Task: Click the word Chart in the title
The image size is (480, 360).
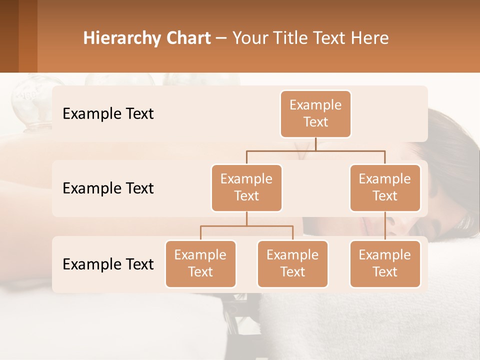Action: click(188, 38)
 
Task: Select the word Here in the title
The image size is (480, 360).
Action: click(369, 38)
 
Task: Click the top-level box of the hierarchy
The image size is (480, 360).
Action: click(315, 114)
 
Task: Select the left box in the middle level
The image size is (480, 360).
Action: click(246, 188)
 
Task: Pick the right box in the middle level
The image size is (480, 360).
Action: click(385, 188)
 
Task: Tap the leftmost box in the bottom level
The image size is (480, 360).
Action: click(200, 264)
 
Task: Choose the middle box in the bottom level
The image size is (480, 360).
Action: click(292, 264)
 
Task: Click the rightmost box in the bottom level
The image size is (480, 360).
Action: click(385, 264)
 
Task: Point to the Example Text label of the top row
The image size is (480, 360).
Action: click(108, 114)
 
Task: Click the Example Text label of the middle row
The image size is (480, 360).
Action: click(108, 188)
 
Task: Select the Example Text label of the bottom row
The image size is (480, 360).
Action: click(108, 264)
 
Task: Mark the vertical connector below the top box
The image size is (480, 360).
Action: click(315, 144)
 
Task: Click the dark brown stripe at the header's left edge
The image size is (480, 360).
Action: click(9, 36)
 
